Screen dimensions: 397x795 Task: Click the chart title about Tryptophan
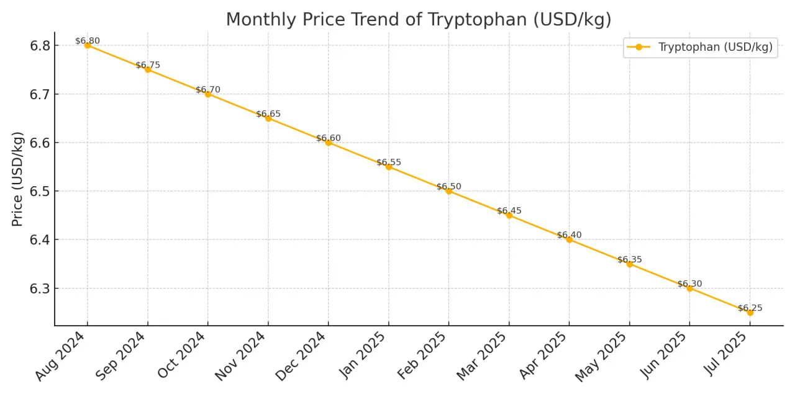[x=419, y=19]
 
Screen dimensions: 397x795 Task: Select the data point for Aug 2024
[x=88, y=45]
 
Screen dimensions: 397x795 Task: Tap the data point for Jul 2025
[x=750, y=313]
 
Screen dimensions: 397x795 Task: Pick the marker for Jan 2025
[x=389, y=167]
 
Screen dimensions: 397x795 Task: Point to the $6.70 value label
[x=208, y=90]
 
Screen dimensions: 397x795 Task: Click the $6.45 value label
[x=509, y=211]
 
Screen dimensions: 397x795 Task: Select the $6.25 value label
[x=750, y=308]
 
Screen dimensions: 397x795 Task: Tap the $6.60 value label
[x=329, y=138]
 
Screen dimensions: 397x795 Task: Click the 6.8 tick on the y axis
[x=40, y=45]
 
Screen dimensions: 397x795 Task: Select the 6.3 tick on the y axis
[x=40, y=288]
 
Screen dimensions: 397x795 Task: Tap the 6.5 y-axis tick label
[x=40, y=191]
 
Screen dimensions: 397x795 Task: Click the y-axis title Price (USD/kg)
[x=18, y=179]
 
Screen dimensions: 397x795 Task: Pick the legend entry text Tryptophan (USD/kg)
[x=715, y=48]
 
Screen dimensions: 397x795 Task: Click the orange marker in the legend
[x=638, y=48]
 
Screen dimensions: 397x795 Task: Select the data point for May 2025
[x=630, y=264]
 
